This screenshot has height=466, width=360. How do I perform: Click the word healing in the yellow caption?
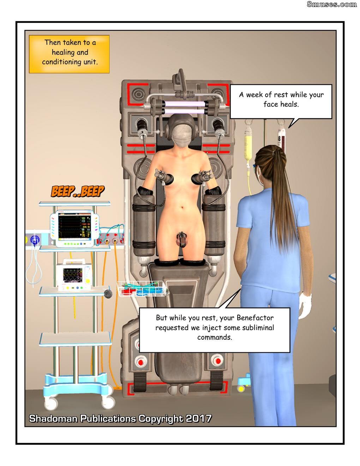tap(60, 52)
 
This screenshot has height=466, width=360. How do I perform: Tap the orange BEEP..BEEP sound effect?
tap(78, 191)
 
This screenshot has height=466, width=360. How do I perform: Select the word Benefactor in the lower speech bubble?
tap(255, 318)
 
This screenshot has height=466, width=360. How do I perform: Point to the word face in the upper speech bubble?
tap(271, 104)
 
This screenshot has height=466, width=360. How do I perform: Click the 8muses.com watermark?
tap(331, 4)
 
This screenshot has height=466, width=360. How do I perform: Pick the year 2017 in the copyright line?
tap(199, 419)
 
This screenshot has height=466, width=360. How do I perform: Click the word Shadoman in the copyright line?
tap(53, 419)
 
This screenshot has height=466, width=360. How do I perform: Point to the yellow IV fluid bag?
tap(248, 143)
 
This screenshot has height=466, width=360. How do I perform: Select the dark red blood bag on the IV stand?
tap(281, 139)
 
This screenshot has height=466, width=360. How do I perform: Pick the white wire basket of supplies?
tap(142, 289)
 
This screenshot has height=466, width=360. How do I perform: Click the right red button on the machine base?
tap(217, 362)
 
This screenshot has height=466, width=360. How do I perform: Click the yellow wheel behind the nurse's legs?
tap(241, 389)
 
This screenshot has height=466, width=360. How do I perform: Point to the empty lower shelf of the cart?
tap(75, 339)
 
